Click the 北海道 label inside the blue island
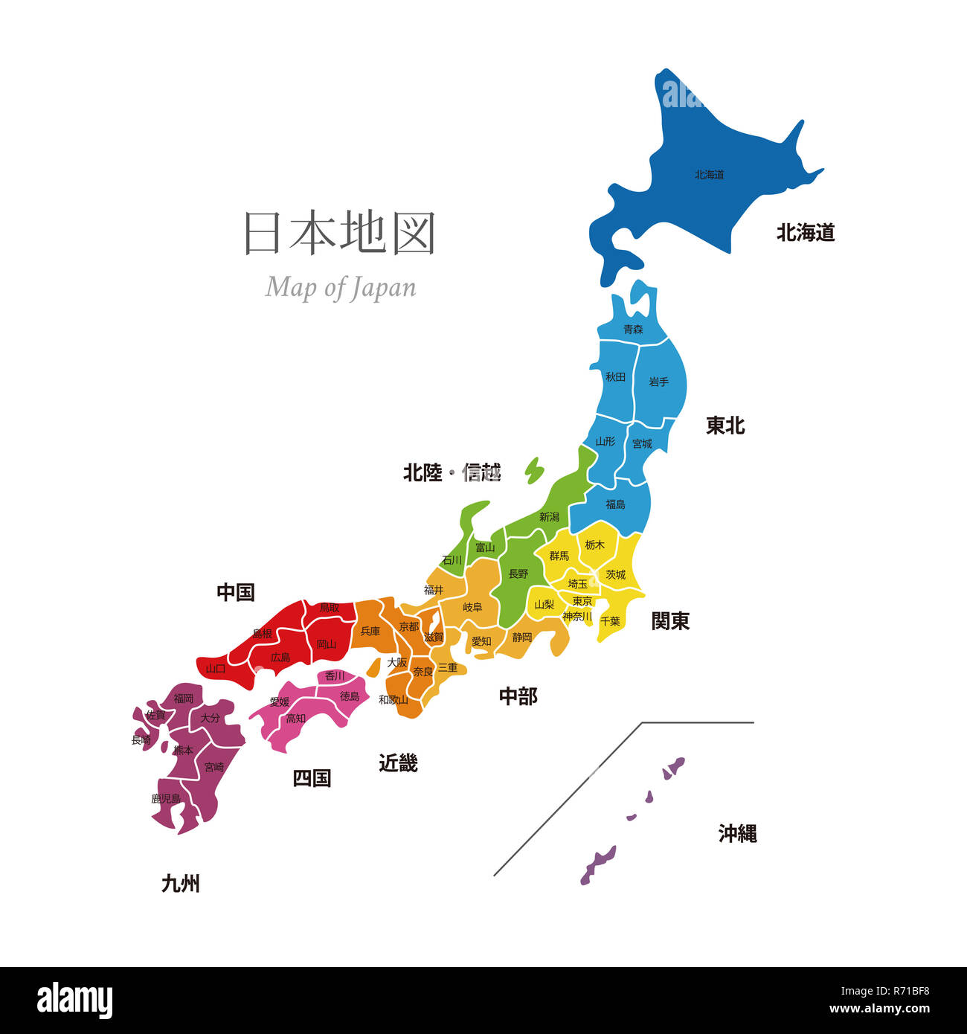pyautogui.click(x=709, y=175)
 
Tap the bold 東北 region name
pyautogui.click(x=725, y=426)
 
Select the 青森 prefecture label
pyautogui.click(x=633, y=329)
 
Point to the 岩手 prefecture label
pyautogui.click(x=658, y=382)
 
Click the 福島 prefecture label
pyautogui.click(x=615, y=504)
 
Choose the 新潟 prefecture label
pyautogui.click(x=549, y=516)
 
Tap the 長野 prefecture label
pyautogui.click(x=518, y=574)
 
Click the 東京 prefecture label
pyautogui.click(x=582, y=601)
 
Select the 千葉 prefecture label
pyautogui.click(x=610, y=620)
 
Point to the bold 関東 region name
pyautogui.click(x=670, y=620)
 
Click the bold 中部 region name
pyautogui.click(x=518, y=696)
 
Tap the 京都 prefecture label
pyautogui.click(x=409, y=626)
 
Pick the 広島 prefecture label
pyautogui.click(x=280, y=658)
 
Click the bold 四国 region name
pyautogui.click(x=312, y=778)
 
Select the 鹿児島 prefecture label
pyautogui.click(x=166, y=798)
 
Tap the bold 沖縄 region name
pyautogui.click(x=737, y=834)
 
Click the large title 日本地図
pyautogui.click(x=340, y=233)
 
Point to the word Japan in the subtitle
pyautogui.click(x=382, y=288)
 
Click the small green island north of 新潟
pyautogui.click(x=534, y=470)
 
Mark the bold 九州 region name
pyautogui.click(x=181, y=884)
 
